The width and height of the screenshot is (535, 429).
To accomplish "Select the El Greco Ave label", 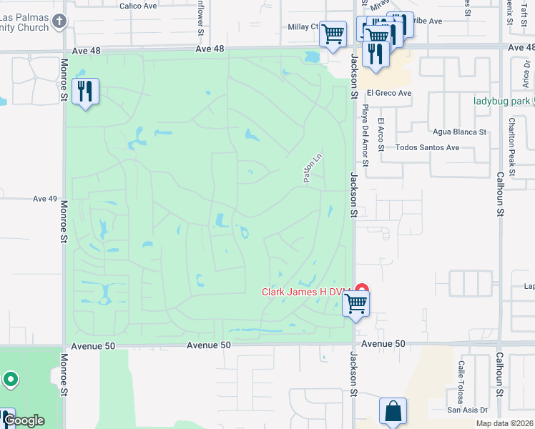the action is click(389, 93).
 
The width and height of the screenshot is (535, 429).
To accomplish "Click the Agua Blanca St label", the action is click(460, 132).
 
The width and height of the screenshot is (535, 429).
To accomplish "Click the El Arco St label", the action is click(381, 134).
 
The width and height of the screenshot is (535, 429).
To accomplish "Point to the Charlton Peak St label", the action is click(513, 140).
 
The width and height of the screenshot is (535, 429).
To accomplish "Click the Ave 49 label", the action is click(44, 199).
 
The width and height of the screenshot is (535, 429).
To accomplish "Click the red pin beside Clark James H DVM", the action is click(362, 290).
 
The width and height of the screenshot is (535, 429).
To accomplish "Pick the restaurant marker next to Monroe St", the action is click(85, 92).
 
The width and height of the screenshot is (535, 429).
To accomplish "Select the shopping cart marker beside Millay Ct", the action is click(333, 34).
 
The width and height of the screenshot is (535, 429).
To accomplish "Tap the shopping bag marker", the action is click(393, 411).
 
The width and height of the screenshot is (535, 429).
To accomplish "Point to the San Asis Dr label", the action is click(467, 410).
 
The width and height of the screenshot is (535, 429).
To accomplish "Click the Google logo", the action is click(24, 420).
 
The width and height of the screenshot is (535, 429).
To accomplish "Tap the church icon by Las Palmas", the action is click(59, 21).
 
